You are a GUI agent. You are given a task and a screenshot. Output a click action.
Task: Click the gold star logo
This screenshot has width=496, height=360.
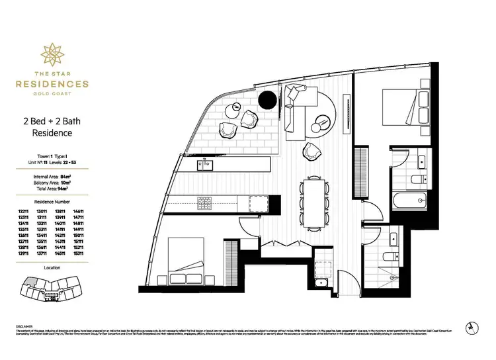(x=52, y=52)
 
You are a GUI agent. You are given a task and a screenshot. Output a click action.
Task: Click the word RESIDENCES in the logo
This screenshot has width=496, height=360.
(x=52, y=84)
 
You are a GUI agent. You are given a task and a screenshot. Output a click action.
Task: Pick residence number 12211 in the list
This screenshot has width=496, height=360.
(x=25, y=208)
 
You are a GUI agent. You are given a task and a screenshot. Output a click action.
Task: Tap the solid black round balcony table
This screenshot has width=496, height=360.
(x=268, y=100)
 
